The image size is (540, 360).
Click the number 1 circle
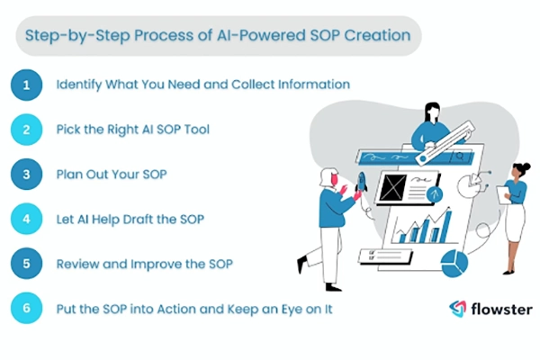click(x=28, y=85)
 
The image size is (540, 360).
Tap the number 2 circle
click(x=28, y=130)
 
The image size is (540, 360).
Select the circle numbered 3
click(x=28, y=174)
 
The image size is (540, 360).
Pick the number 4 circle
click(x=28, y=219)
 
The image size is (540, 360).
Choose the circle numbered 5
click(x=28, y=264)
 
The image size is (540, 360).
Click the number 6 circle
click(x=28, y=309)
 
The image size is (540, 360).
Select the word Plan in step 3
click(x=71, y=174)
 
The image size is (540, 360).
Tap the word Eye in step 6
click(x=258, y=309)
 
